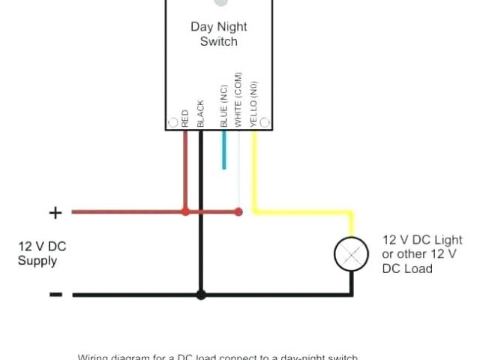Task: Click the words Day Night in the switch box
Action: click(218, 26)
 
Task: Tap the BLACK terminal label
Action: click(200, 113)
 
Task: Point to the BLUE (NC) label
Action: click(223, 106)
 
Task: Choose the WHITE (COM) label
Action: click(238, 100)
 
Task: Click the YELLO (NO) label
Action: click(253, 102)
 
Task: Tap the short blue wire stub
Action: click(223, 149)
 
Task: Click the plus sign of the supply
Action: click(55, 213)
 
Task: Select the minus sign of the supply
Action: click(55, 295)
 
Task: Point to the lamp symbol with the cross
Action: click(351, 254)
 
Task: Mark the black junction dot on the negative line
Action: click(200, 295)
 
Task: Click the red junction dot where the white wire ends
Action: click(238, 212)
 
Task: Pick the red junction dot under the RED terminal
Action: click(185, 212)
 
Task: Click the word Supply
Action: click(37, 261)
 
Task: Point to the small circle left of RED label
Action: click(173, 121)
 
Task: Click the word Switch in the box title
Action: click(218, 41)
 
